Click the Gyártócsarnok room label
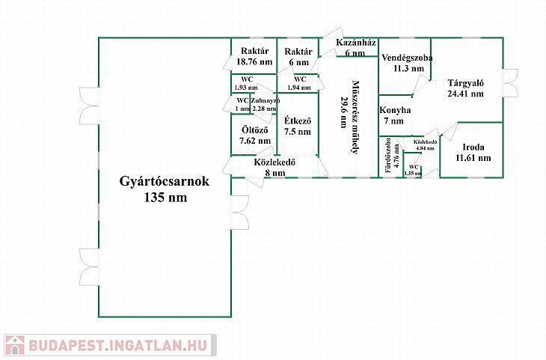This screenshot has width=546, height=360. coord(165,182)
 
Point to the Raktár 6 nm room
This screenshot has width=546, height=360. coord(296,57)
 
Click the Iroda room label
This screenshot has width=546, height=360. coord(473,147)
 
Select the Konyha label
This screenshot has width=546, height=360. coord(393,110)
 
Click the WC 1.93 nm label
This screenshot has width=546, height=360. coord(246,82)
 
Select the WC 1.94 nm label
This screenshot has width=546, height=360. coord(299,82)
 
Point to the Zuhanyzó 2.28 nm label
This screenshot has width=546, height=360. coord(265,105)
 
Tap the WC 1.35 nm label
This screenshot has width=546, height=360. coord(413,169)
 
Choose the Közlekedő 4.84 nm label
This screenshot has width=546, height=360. coord(423,144)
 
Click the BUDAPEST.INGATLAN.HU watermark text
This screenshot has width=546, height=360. coord(120,346)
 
